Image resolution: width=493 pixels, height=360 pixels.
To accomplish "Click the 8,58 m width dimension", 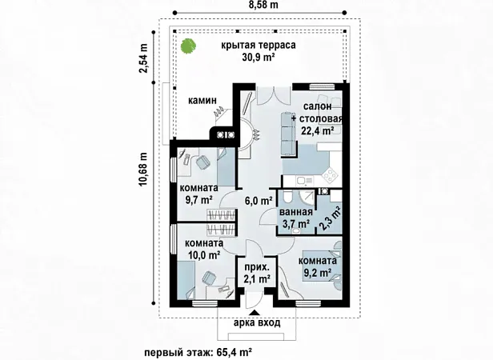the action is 259,6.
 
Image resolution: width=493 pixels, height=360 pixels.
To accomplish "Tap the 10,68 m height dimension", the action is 143,170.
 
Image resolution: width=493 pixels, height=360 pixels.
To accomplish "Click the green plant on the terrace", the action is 188,46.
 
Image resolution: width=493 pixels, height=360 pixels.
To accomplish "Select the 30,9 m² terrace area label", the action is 259,57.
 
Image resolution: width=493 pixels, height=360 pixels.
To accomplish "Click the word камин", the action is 202,101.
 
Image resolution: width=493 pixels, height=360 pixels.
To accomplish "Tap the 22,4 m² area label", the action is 318,130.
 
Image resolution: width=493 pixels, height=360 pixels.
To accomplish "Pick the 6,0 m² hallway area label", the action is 259,200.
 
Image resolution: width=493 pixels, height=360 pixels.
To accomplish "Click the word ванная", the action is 296,212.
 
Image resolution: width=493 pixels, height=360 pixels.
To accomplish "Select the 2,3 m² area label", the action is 331,218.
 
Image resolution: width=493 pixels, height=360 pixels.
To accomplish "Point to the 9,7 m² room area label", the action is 198,200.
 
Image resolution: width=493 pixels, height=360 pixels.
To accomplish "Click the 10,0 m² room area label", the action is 204,254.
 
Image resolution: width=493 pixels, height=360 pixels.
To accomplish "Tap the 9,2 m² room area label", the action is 317,272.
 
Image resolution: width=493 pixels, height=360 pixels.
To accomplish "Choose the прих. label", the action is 257,267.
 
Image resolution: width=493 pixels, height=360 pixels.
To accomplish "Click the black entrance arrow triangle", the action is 255,313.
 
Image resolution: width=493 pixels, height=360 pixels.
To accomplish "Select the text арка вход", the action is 257,323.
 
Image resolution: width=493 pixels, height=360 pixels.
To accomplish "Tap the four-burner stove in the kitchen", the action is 331,175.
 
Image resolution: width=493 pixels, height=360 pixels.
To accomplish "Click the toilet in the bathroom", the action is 287,197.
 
